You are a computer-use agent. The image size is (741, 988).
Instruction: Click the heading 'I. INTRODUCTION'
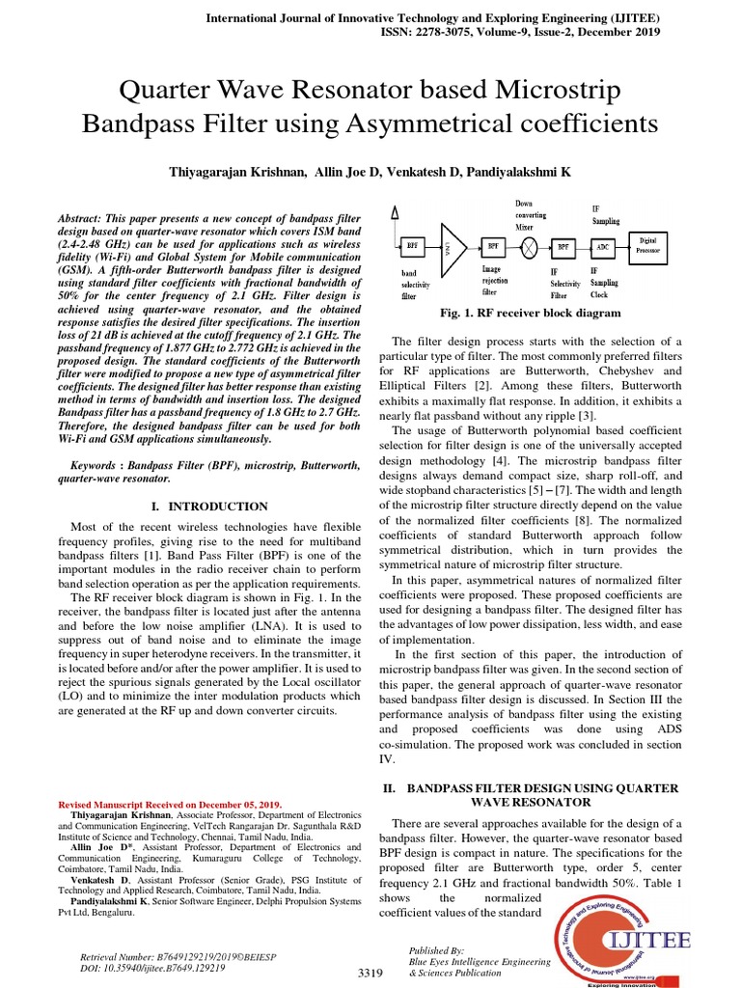click(205, 506)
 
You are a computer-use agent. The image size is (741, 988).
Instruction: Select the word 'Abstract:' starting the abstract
click(87, 221)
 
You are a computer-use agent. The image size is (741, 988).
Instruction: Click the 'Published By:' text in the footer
click(436, 950)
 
